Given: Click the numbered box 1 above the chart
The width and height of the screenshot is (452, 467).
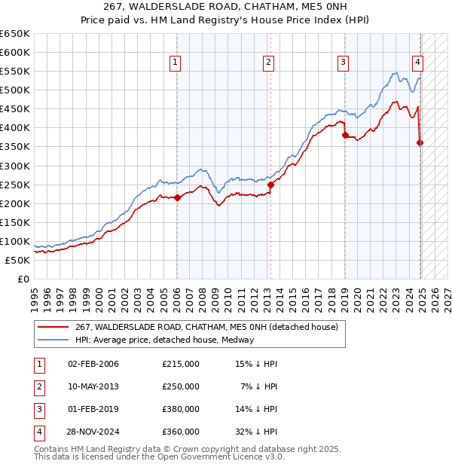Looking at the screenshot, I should (175, 63).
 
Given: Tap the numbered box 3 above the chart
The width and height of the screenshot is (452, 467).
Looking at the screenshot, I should (344, 63).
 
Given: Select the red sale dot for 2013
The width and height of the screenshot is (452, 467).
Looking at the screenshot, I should (270, 185).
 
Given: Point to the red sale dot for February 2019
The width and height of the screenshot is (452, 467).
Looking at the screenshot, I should (344, 136).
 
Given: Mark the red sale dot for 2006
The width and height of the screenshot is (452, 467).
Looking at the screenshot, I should (177, 197).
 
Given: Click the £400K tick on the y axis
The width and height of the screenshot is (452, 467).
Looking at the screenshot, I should (15, 128).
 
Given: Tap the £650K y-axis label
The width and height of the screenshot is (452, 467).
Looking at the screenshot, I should (15, 34).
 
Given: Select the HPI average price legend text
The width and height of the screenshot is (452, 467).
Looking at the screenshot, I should (164, 340).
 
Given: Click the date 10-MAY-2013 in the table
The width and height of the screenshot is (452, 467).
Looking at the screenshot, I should (93, 386).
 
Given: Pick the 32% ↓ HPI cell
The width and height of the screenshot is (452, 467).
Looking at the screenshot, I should (258, 432).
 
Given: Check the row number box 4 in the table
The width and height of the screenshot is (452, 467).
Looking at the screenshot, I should (38, 432).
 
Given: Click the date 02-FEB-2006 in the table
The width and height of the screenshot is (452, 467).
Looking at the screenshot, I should (93, 364).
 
